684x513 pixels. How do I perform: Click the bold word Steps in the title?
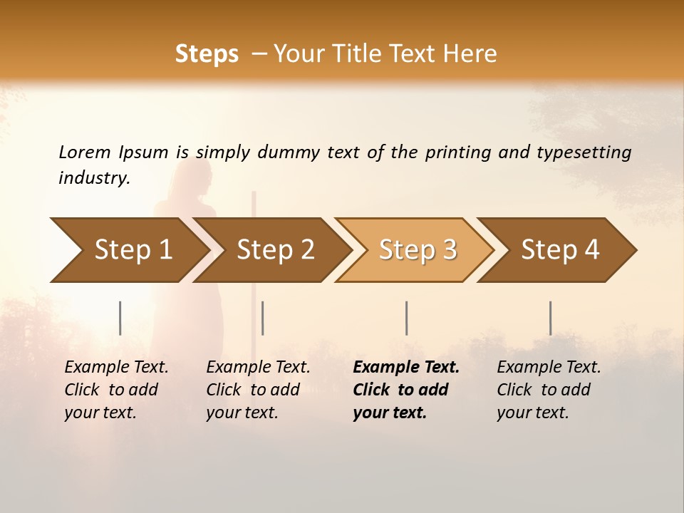[x=207, y=54]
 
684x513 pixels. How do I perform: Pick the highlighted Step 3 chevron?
[x=418, y=250]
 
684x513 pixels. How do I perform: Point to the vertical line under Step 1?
[x=120, y=318]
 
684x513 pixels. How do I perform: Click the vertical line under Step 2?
[x=263, y=318]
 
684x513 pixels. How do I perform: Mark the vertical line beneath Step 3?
[x=406, y=318]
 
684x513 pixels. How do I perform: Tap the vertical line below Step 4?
[x=550, y=318]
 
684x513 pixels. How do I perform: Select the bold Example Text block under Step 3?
[x=405, y=390]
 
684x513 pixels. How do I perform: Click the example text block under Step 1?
[x=116, y=390]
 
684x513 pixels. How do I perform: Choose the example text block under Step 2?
[x=258, y=390]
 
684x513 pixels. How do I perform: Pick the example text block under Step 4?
[x=549, y=390]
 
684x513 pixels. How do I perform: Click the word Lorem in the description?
[x=84, y=152]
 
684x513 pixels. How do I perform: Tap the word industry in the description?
[x=93, y=178]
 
